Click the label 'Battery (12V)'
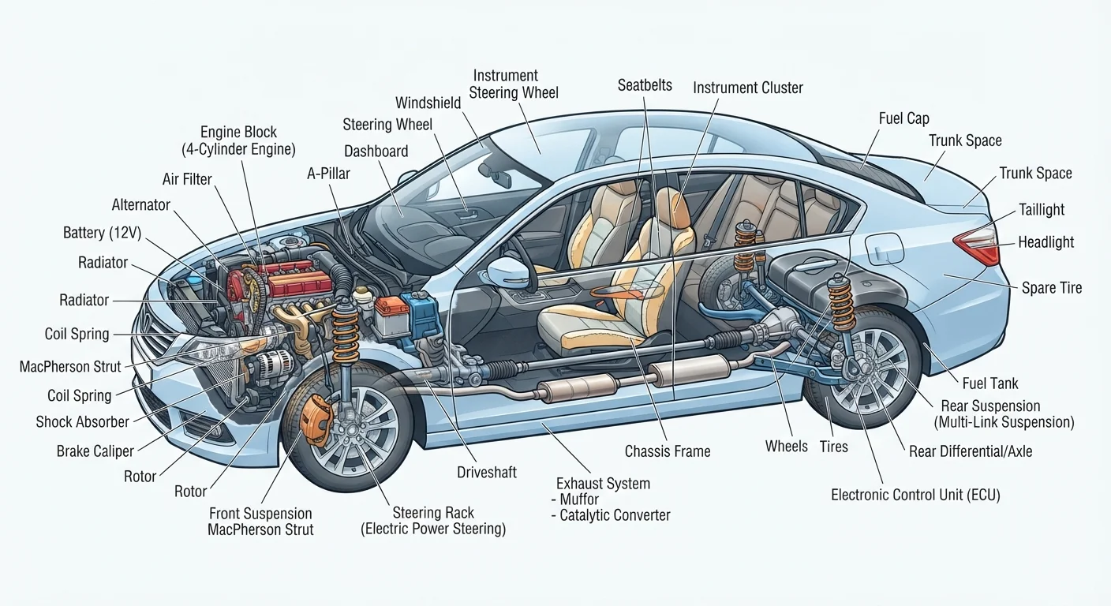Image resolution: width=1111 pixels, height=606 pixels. [102, 233]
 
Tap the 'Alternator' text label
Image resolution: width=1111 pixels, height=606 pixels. [141, 205]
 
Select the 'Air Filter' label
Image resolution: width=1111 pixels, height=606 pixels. [187, 179]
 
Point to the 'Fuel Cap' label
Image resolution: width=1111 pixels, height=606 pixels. [903, 118]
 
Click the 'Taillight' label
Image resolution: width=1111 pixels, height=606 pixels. [1042, 210]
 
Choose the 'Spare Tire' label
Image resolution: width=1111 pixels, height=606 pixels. [1052, 288]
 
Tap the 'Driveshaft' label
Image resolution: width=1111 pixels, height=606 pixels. [487, 472]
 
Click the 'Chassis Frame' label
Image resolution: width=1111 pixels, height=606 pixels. [667, 451]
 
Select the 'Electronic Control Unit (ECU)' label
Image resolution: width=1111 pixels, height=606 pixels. [915, 495]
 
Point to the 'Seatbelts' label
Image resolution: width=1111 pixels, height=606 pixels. [645, 85]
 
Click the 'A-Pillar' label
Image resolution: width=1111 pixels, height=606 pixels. [328, 174]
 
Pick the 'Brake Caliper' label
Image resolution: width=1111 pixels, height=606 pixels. [95, 451]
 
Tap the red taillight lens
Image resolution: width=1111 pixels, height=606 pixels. [977, 245]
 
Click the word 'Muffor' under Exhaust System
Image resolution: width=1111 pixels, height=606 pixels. [579, 499]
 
